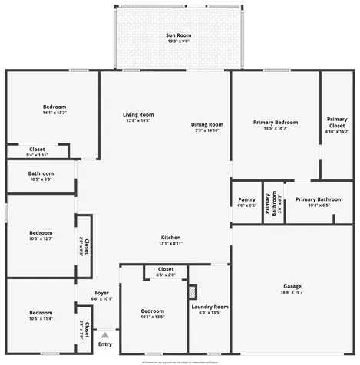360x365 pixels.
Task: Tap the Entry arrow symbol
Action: (105, 334)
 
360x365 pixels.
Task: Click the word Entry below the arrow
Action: (105, 344)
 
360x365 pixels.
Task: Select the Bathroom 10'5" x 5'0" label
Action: (41, 176)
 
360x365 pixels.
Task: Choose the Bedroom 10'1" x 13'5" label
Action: (153, 313)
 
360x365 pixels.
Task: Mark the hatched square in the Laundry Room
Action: (193, 291)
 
